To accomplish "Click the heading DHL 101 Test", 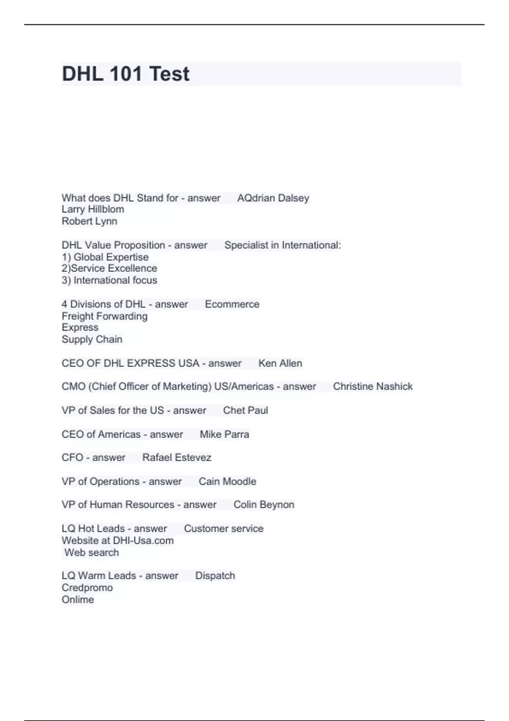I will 126,74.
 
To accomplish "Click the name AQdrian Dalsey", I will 273,198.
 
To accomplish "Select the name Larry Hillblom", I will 93,209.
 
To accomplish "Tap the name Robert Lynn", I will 89,221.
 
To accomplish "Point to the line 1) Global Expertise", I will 105,257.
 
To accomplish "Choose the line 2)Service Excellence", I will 109,268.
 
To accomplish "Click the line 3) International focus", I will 109,280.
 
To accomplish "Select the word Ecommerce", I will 232,304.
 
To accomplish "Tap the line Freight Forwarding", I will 104,316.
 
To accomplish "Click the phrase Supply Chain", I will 92,339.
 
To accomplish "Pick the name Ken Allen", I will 280,363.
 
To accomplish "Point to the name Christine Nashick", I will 372,386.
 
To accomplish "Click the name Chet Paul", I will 245,410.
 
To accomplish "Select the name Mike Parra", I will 224,434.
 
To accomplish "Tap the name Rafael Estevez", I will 176,457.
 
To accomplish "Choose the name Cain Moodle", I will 227,481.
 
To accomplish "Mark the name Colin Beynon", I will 263,505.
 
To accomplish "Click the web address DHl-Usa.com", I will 143,541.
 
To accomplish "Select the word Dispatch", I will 215,576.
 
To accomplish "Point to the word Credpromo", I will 87,588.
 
